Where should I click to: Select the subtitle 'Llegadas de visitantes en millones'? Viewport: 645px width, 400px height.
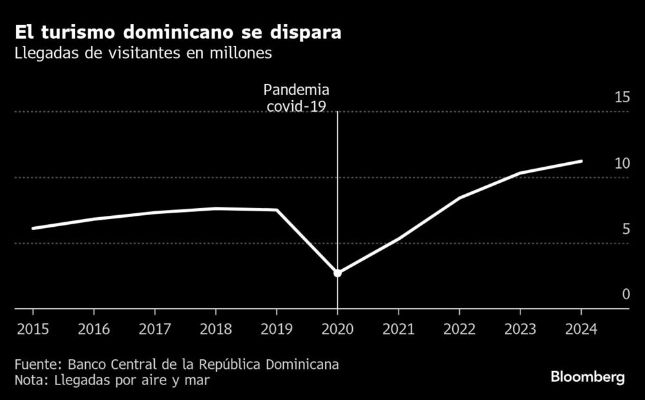point(143,54)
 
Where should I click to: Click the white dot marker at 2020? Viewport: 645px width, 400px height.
point(337,273)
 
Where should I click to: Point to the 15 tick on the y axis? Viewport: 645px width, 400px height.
point(622,98)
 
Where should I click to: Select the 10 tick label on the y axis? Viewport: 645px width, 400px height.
point(622,163)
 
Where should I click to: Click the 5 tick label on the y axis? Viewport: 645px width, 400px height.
point(625,229)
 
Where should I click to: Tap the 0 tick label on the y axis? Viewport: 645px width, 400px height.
point(625,295)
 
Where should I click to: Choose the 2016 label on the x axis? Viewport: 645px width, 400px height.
point(94,328)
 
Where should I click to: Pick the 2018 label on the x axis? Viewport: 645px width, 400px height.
point(215,328)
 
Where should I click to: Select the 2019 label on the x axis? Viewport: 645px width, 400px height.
point(277,328)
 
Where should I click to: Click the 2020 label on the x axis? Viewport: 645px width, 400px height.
point(337,328)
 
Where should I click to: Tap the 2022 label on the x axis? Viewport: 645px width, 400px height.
point(459,328)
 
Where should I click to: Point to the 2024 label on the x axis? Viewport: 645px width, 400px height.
point(582,328)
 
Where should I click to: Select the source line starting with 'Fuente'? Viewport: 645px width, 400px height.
point(176,364)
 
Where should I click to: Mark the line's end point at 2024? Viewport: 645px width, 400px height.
point(582,161)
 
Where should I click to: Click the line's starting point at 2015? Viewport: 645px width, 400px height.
point(32,228)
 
